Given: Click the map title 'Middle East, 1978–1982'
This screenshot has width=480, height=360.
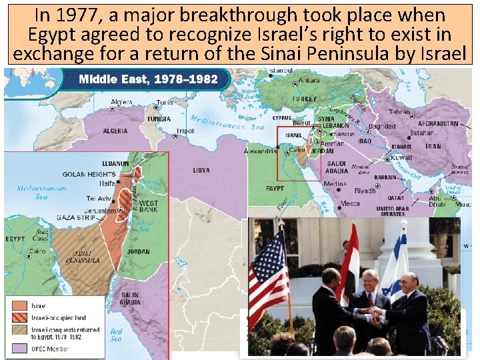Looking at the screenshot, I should click(x=148, y=79).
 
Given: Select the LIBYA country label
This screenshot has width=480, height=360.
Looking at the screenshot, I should click(x=201, y=170).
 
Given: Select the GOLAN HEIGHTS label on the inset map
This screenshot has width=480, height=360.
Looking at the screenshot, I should click(x=89, y=175).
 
